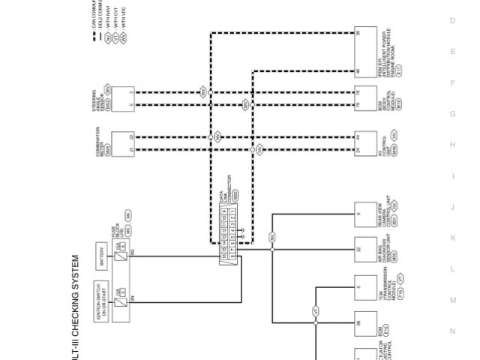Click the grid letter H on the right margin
click(452, 144)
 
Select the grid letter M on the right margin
click(452, 299)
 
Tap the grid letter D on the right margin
click(452, 21)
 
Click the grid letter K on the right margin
click(452, 237)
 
